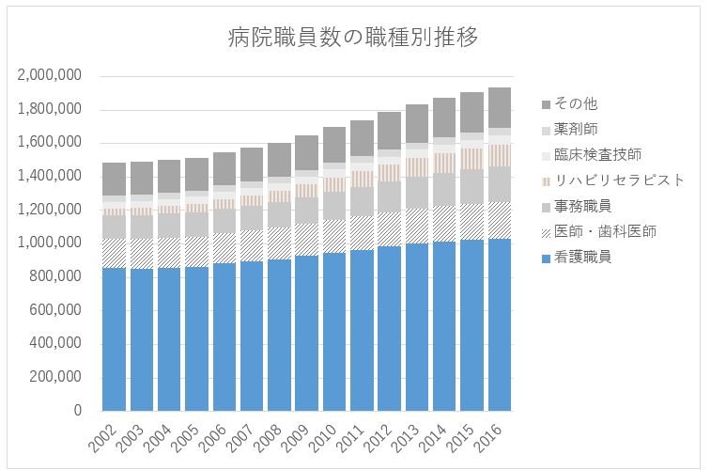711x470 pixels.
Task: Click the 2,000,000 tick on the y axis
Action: coord(48,76)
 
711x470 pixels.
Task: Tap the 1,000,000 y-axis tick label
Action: coord(48,243)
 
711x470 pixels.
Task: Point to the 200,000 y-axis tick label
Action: coord(54,377)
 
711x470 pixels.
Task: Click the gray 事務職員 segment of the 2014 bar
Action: coord(445,189)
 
